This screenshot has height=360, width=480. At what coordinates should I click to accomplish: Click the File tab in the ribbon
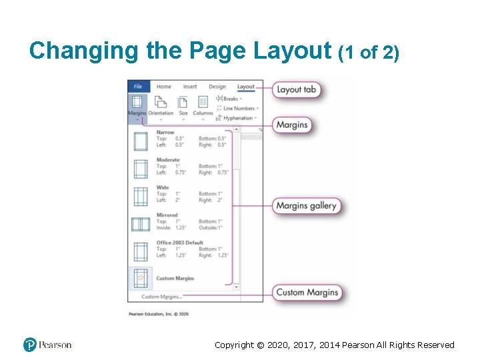tap(138, 87)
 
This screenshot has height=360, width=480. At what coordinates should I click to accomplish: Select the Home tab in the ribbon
tap(163, 87)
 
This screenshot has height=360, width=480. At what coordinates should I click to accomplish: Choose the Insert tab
tap(190, 87)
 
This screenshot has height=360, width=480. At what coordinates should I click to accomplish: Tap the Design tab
tap(217, 87)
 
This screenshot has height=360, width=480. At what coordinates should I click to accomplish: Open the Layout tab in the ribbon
tap(246, 87)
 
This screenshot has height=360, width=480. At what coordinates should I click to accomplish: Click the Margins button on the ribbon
tap(137, 107)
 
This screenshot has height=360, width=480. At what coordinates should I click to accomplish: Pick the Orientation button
tap(161, 107)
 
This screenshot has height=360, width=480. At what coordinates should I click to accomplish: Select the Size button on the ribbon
tap(183, 107)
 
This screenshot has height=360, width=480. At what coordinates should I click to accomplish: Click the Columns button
tap(203, 107)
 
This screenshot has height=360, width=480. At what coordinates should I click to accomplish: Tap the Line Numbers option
tap(239, 108)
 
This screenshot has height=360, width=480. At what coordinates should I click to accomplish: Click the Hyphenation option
tap(238, 118)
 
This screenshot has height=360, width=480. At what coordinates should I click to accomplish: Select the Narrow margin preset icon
tap(141, 141)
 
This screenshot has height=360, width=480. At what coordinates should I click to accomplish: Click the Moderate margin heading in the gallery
tap(168, 160)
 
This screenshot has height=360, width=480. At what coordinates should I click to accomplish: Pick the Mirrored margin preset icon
tap(141, 224)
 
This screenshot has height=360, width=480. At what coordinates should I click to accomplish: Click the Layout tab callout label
tap(296, 89)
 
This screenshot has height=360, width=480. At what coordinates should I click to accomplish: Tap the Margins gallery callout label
tap(306, 206)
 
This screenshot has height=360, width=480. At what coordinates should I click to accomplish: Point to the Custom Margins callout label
tap(307, 292)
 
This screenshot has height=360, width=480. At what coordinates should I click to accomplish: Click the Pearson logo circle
tap(30, 345)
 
